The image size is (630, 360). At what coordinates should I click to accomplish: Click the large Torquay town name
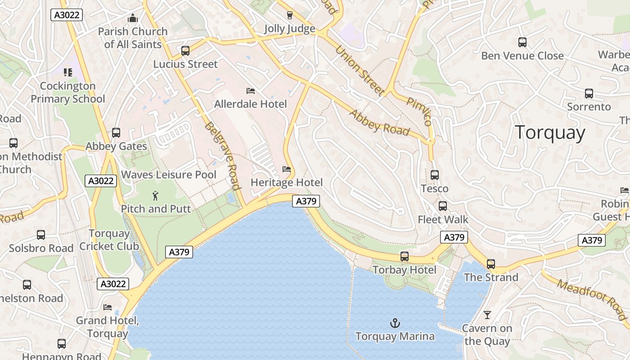click(550, 133)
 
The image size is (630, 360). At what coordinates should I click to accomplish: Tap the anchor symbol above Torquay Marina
click(395, 323)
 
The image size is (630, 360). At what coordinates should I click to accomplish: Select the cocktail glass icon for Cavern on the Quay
click(487, 315)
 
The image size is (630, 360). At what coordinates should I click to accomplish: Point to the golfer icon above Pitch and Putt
click(155, 196)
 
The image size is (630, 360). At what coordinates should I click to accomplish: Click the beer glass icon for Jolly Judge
click(289, 15)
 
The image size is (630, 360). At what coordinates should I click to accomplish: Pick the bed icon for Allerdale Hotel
click(251, 91)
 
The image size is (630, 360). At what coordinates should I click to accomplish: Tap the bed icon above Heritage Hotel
click(286, 169)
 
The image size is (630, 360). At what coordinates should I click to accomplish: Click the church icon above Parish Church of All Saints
click(132, 18)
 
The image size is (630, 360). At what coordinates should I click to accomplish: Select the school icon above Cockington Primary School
click(67, 72)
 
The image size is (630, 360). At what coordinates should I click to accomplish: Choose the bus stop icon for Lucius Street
click(185, 51)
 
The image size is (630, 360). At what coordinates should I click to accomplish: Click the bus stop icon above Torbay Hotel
click(405, 256)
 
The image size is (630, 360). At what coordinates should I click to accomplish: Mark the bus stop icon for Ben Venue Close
click(522, 42)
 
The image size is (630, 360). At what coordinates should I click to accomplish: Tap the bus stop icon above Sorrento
click(589, 94)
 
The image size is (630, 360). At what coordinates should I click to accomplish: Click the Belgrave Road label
click(221, 156)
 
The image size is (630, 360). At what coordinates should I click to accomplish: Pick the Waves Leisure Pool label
click(169, 175)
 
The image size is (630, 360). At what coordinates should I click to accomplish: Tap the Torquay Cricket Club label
click(109, 240)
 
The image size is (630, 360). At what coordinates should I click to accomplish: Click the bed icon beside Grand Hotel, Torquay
click(108, 307)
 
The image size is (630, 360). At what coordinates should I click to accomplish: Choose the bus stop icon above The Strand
click(490, 264)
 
